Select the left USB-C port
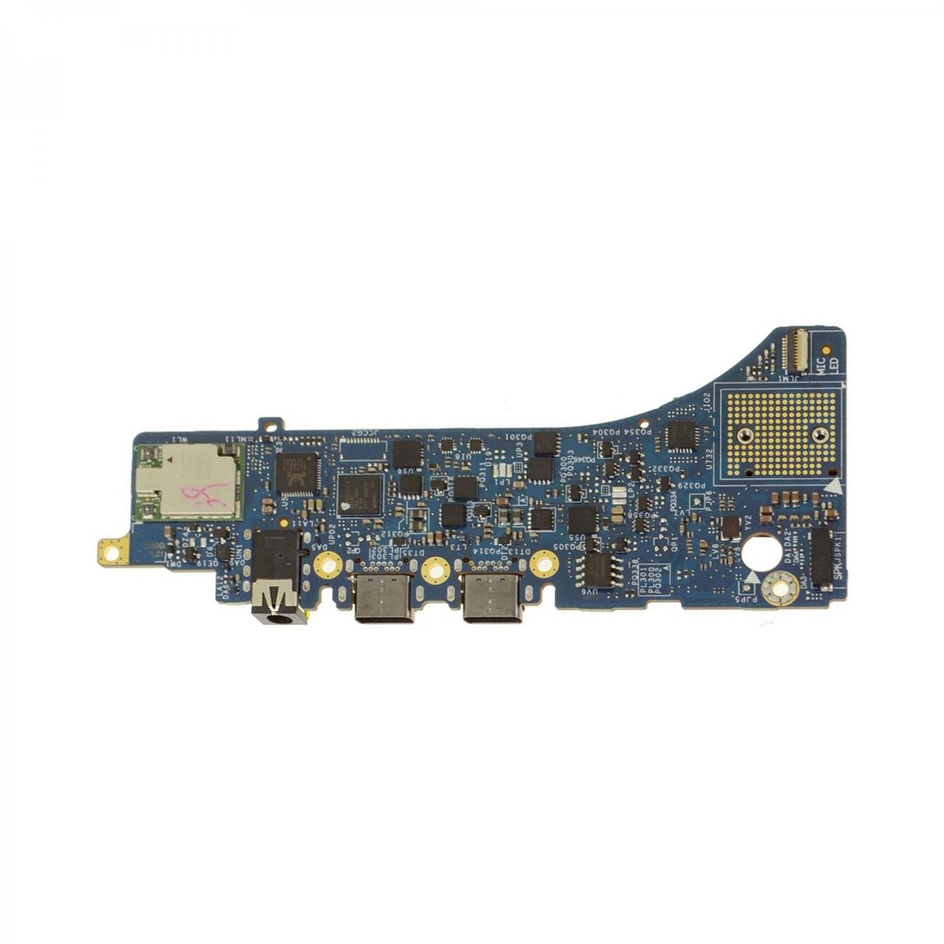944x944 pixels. pos(384,598)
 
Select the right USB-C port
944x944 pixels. pos(492,598)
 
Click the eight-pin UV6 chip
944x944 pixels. pos(602,570)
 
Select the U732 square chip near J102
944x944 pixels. pos(681,435)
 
